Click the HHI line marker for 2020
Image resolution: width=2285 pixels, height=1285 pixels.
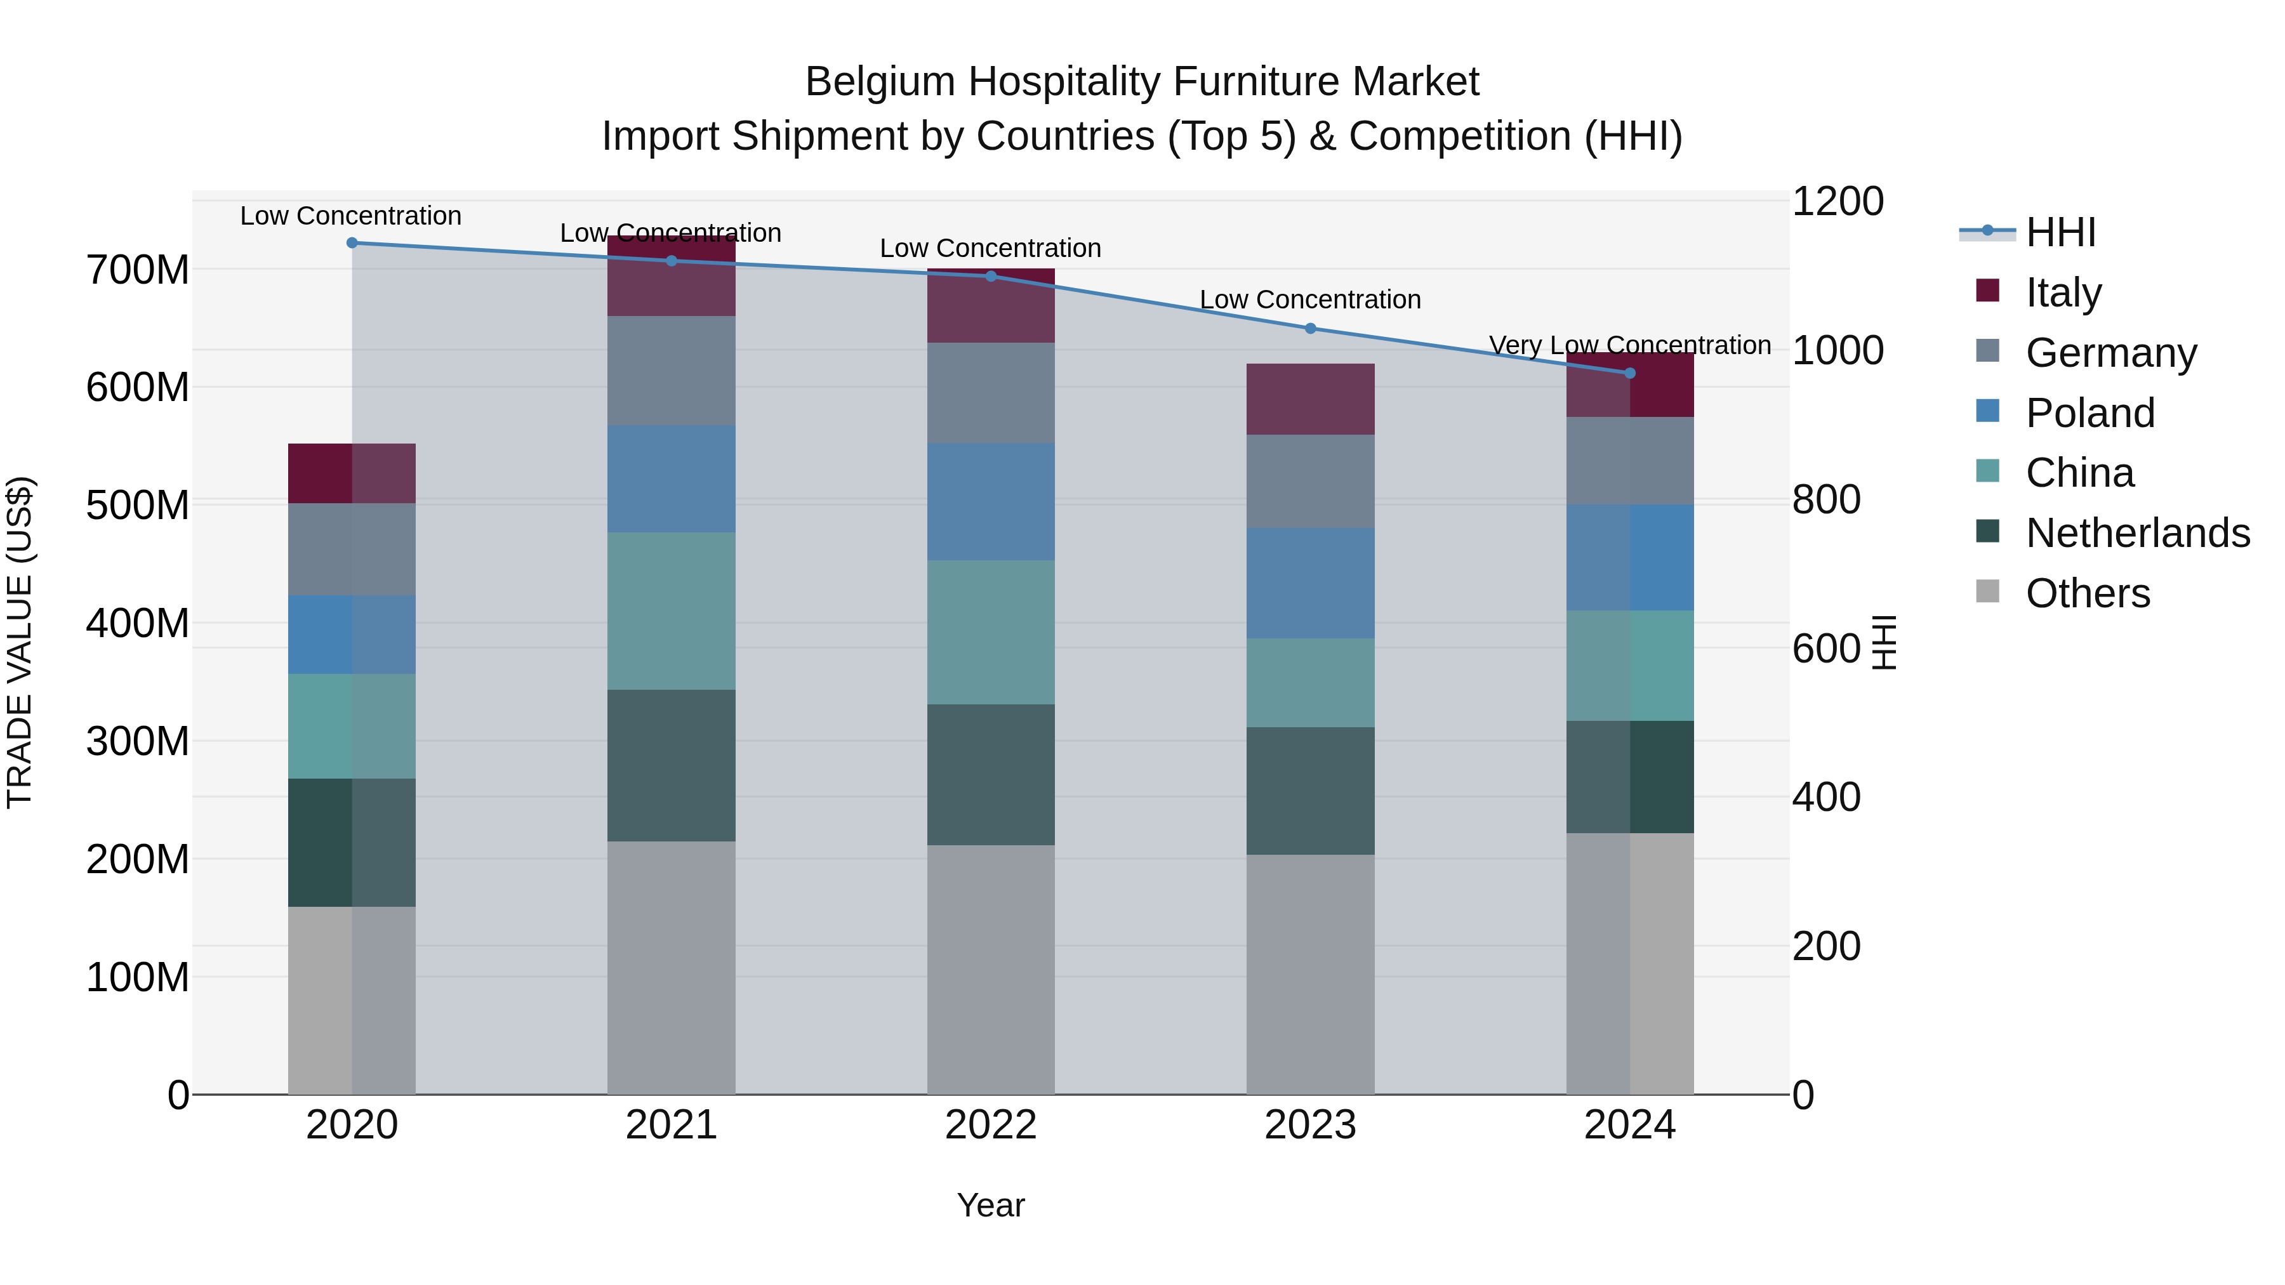352,242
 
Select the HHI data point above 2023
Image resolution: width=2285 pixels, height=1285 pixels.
1310,328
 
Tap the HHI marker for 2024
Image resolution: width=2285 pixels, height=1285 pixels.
1629,373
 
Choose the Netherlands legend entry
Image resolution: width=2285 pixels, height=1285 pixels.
2137,533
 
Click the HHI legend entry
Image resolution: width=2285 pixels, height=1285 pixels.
2060,232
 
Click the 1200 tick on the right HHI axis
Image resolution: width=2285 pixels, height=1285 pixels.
1837,201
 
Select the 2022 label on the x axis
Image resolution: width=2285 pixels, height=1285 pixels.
991,1125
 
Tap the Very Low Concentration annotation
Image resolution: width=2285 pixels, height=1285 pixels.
1629,345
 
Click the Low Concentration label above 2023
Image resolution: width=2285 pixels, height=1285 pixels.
1310,300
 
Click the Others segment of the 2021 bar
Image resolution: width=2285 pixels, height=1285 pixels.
672,966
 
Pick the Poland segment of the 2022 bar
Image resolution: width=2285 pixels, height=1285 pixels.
991,501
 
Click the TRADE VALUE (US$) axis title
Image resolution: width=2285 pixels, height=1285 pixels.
20,642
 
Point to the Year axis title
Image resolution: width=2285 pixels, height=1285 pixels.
991,1205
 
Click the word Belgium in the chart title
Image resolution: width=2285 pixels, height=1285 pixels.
880,82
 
